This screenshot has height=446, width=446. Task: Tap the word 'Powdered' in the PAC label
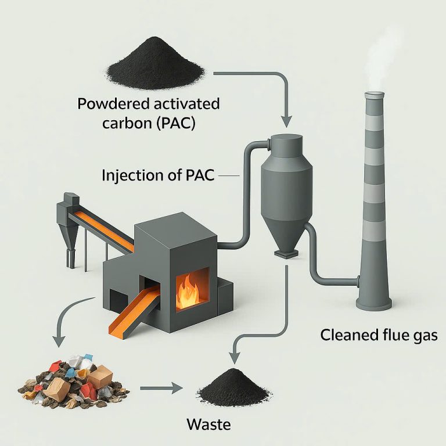click(x=113, y=103)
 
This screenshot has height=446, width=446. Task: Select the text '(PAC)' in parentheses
click(x=177, y=124)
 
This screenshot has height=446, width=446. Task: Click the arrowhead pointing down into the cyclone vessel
click(x=286, y=122)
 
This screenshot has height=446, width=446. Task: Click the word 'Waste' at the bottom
click(x=209, y=425)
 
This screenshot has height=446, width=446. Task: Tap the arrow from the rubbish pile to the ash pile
click(x=161, y=388)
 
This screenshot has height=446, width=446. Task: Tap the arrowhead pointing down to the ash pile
click(x=235, y=358)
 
